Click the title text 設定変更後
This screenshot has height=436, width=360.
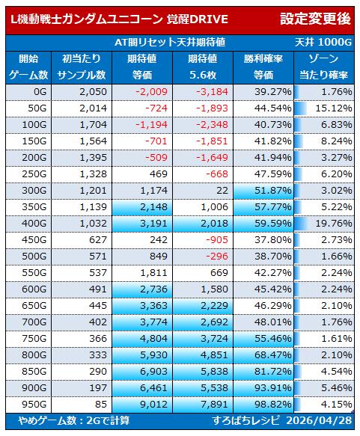pyautogui.click(x=314, y=19)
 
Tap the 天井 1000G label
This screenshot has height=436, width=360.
pyautogui.click(x=323, y=43)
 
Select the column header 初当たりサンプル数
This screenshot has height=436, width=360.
pyautogui.click(x=82, y=67)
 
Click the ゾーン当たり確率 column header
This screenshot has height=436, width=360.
pyautogui.click(x=323, y=67)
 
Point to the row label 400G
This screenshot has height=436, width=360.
pyautogui.click(x=34, y=224)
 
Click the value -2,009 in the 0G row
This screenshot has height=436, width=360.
pyautogui.click(x=151, y=92)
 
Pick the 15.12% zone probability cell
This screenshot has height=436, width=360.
pyautogui.click(x=333, y=108)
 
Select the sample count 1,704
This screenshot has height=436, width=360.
pyautogui.click(x=93, y=125)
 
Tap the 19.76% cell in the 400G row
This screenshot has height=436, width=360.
pyautogui.click(x=333, y=224)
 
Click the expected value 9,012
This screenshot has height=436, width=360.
pyautogui.click(x=153, y=405)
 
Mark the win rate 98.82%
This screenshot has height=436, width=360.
pyautogui.click(x=272, y=405)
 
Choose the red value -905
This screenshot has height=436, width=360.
pyautogui.click(x=217, y=240)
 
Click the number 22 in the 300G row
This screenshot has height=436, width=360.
pyautogui.click(x=222, y=191)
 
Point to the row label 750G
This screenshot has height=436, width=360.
pyautogui.click(x=34, y=338)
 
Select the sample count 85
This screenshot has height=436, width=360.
pyautogui.click(x=101, y=405)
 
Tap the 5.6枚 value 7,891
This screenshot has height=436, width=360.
pyautogui.click(x=214, y=405)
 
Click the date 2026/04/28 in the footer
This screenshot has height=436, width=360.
pyautogui.click(x=319, y=420)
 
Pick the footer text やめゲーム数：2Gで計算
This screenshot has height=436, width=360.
pyautogui.click(x=74, y=420)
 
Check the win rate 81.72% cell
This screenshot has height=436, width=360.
pyautogui.click(x=272, y=372)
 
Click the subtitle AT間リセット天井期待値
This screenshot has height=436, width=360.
pyautogui.click(x=170, y=43)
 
